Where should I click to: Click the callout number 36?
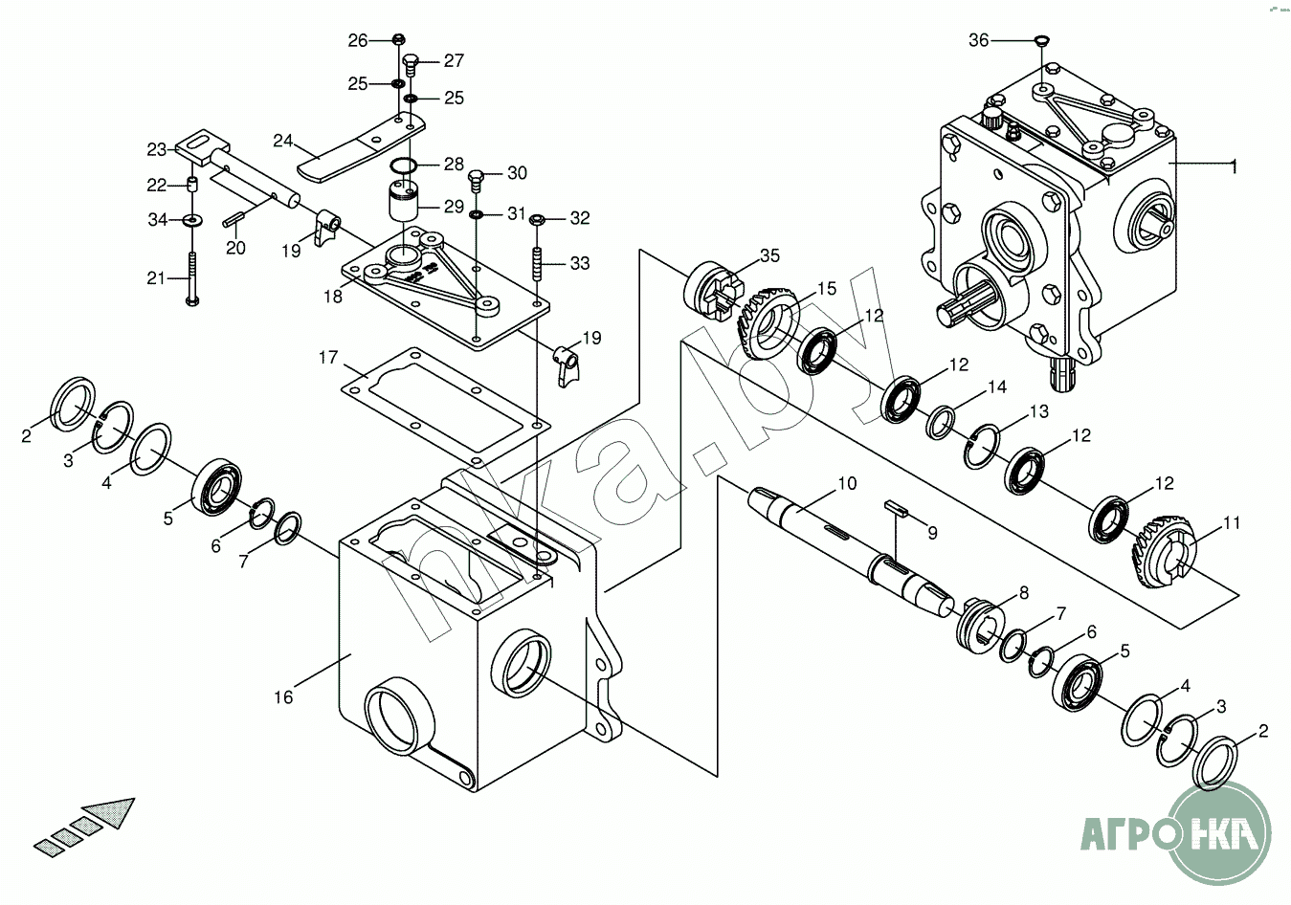pyautogui.click(x=979, y=40)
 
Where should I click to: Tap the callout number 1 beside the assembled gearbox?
pyautogui.click(x=1234, y=166)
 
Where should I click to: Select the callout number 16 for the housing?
pyautogui.click(x=283, y=697)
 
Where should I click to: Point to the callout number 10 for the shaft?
pyautogui.click(x=847, y=483)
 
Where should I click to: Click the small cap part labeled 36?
pyautogui.click(x=1042, y=40)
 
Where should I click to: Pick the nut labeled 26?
pyautogui.click(x=399, y=39)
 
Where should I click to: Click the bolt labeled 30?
pyautogui.click(x=476, y=180)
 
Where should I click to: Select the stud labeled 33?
pyautogui.click(x=537, y=263)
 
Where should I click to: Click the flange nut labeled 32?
pyautogui.click(x=537, y=219)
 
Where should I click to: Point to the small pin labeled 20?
pyautogui.click(x=234, y=219)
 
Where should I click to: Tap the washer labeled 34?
pyautogui.click(x=191, y=219)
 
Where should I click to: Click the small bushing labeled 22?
pyautogui.click(x=192, y=186)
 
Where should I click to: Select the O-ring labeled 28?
pyautogui.click(x=403, y=166)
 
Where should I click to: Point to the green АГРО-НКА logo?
pyautogui.click(x=1176, y=833)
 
